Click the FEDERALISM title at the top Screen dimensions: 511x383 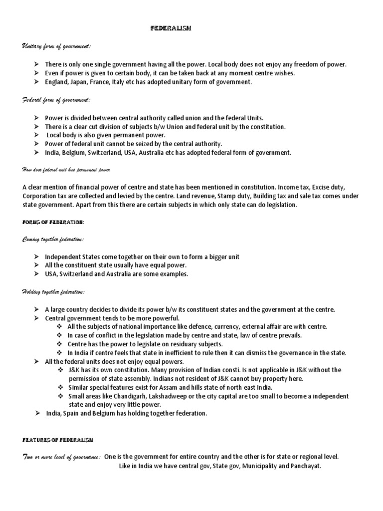[x=171, y=29]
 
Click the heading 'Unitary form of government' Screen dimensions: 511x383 [x=56, y=46]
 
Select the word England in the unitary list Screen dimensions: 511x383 [x=57, y=82]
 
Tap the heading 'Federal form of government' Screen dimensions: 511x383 [x=56, y=100]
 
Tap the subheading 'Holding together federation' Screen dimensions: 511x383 [x=53, y=292]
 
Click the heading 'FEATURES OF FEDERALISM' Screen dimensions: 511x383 [x=56, y=440]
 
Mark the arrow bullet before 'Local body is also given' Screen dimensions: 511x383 [x=37, y=135]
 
